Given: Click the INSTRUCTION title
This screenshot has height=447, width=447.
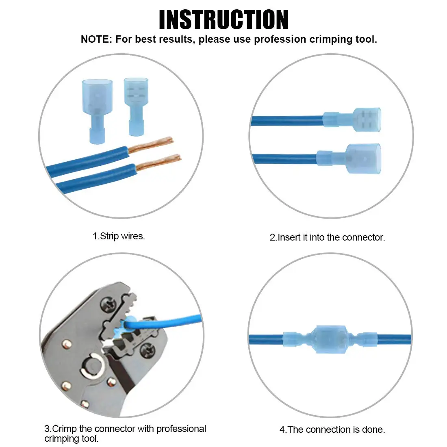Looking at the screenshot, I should click(x=223, y=20).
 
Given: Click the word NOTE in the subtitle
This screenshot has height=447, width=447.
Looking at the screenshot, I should click(x=95, y=39).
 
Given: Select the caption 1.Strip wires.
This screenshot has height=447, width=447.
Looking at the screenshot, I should click(x=119, y=236).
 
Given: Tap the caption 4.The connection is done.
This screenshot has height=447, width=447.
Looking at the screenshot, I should click(x=332, y=430).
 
